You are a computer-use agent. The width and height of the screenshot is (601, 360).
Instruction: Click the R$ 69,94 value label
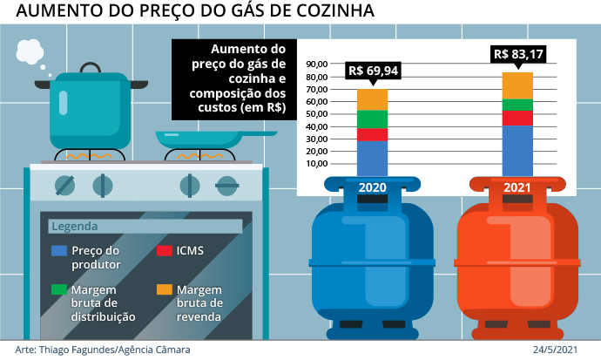tap(372, 72)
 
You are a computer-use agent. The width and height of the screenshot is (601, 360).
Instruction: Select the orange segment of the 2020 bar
tap(372, 99)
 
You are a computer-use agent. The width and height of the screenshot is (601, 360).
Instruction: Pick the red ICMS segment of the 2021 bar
tap(517, 119)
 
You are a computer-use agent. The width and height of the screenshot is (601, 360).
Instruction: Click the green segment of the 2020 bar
tap(372, 119)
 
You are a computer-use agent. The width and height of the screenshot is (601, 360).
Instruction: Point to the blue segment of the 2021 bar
tap(517, 150)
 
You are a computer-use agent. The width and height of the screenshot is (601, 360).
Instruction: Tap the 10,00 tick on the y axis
tap(316, 163)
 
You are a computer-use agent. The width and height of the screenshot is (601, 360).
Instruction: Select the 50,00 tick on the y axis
tap(316, 114)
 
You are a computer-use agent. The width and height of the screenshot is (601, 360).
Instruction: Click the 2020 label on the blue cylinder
tap(372, 187)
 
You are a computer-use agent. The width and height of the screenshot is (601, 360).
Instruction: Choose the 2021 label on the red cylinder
tap(517, 187)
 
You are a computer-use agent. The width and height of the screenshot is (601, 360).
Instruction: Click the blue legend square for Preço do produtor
tap(59, 251)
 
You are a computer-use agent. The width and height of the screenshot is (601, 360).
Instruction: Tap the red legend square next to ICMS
tap(163, 251)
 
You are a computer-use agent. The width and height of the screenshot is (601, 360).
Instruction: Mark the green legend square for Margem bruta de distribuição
tap(59, 289)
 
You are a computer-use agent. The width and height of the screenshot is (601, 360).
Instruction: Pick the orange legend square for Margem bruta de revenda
tap(163, 289)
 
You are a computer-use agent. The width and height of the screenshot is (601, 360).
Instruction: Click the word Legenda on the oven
tap(75, 227)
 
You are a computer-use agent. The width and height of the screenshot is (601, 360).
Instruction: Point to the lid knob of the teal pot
tap(90, 65)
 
